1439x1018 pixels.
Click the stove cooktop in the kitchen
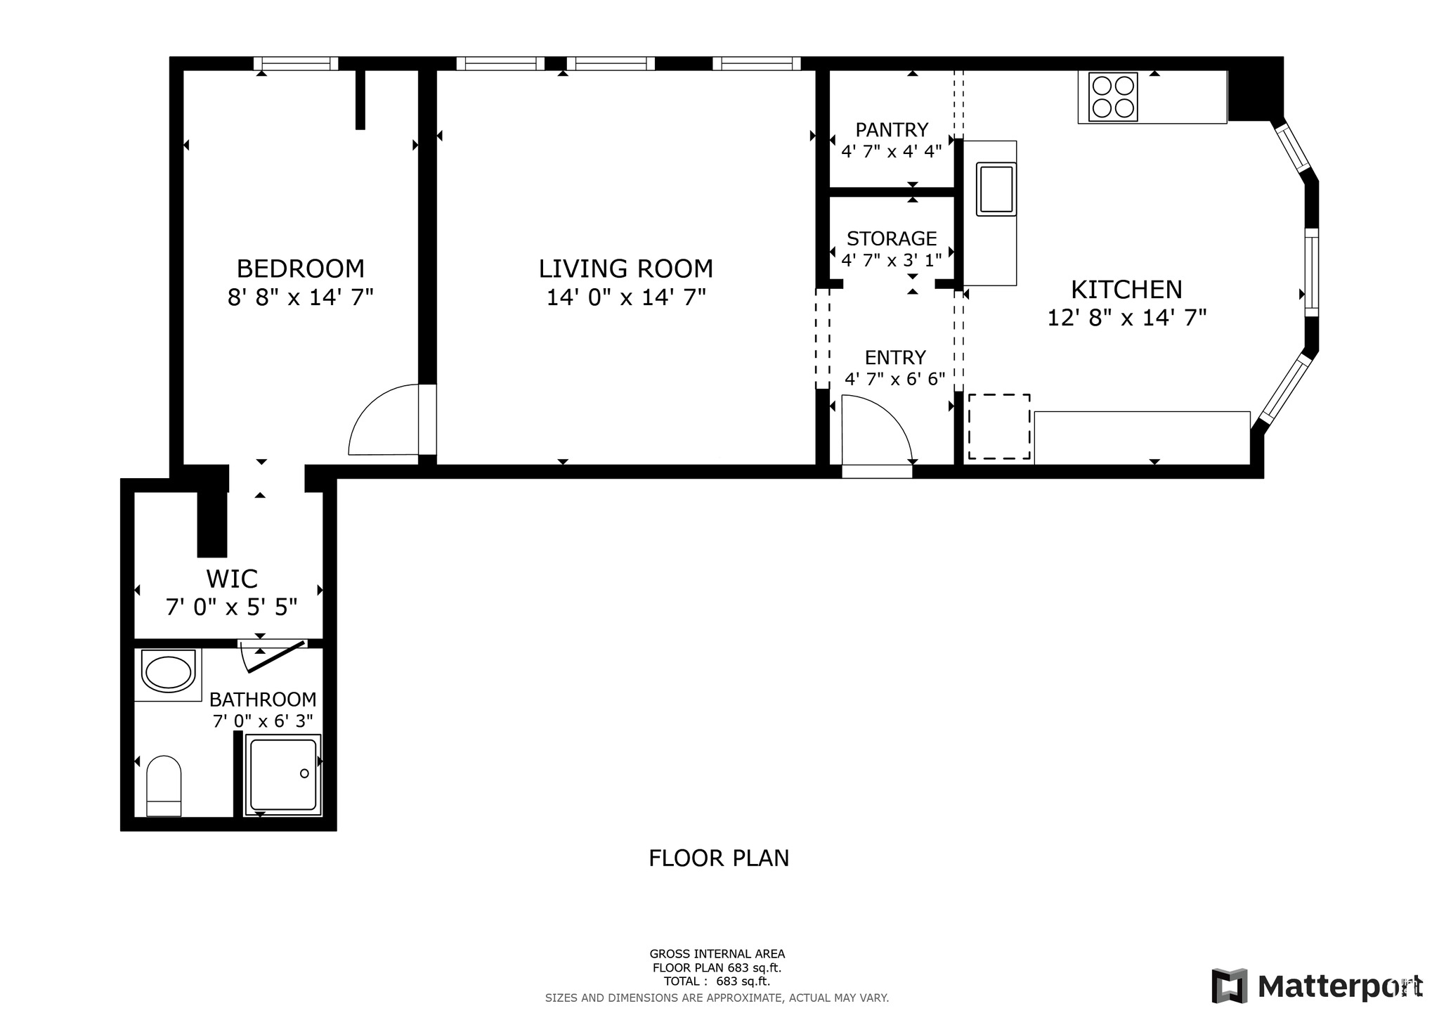tap(1113, 97)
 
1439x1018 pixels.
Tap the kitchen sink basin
tap(996, 188)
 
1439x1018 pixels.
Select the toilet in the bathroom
tap(164, 786)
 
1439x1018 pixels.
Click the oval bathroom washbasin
tap(168, 673)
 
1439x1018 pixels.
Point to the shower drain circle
tap(304, 773)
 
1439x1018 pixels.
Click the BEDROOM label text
tap(300, 269)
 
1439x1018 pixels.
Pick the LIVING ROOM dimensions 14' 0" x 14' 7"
tap(625, 297)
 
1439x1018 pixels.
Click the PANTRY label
tap(892, 130)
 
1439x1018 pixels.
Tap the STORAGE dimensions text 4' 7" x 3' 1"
tap(891, 260)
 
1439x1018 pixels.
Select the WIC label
tap(231, 579)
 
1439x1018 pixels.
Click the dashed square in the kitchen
tap(999, 427)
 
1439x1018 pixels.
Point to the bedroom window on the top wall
tap(295, 64)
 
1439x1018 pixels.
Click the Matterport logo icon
tap(1229, 986)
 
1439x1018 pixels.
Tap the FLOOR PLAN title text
tap(718, 858)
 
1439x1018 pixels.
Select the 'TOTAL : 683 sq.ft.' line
tap(717, 981)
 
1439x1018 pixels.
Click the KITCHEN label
tap(1126, 290)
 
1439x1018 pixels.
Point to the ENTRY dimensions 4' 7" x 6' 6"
tap(894, 380)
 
